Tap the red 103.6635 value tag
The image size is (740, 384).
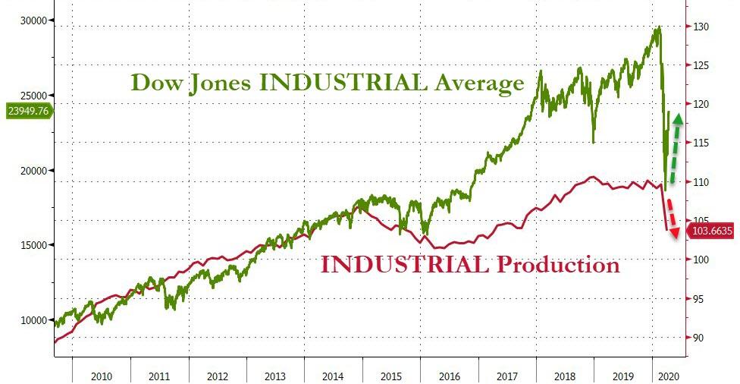710,231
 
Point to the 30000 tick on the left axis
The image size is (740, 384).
33,20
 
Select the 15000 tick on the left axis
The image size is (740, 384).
33,245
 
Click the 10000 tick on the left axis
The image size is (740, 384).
33,320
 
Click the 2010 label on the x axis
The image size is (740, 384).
102,376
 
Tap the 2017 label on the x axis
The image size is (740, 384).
507,376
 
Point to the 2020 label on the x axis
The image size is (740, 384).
669,376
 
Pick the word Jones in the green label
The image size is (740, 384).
219,82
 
